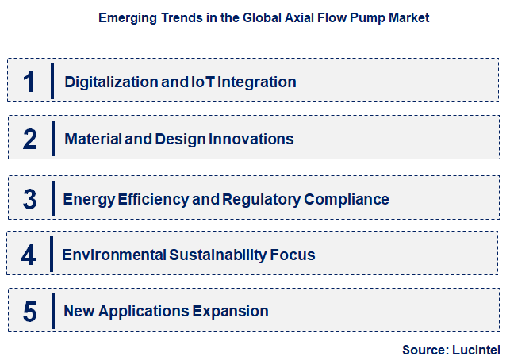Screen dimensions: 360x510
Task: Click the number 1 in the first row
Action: pos(30,82)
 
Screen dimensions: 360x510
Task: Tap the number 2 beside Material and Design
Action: pos(30,140)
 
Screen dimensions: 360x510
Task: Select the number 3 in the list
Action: pos(30,199)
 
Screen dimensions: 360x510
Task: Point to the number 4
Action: pos(29,255)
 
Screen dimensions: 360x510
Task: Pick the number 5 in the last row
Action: pos(30,312)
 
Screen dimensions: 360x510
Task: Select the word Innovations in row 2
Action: pos(251,140)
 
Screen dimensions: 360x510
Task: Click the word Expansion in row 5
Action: pos(229,312)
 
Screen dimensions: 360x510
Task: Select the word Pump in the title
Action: pos(352,17)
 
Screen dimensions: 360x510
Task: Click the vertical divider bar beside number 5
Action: pos(52,310)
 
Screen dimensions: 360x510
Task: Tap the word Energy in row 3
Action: pos(87,199)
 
